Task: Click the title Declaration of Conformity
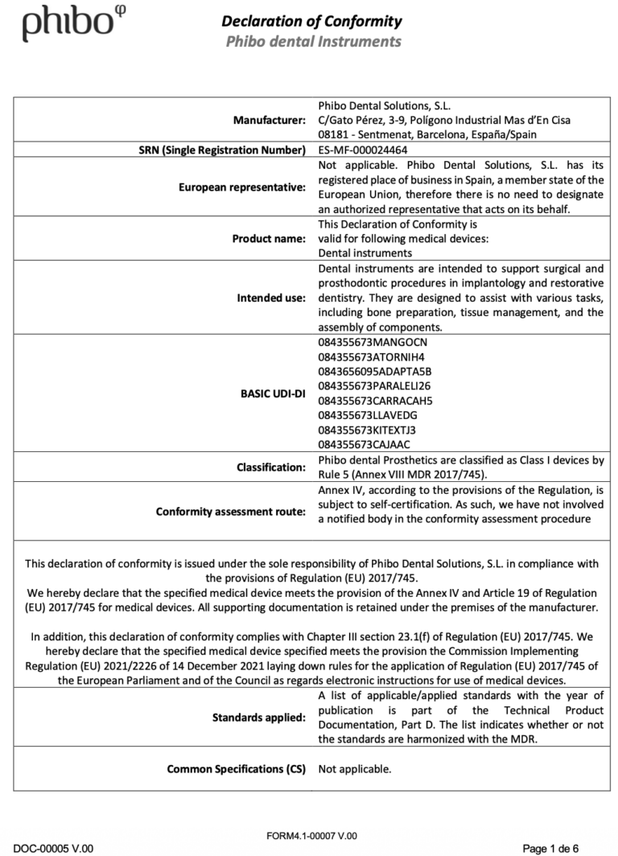click(x=311, y=21)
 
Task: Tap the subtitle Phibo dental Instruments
click(x=311, y=40)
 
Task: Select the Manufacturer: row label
click(x=269, y=121)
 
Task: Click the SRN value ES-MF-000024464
click(x=362, y=150)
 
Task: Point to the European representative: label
click(x=242, y=187)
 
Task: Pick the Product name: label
click(x=269, y=238)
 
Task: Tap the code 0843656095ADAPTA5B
click(x=375, y=371)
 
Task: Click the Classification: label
click(x=271, y=467)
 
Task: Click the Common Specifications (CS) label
click(x=237, y=768)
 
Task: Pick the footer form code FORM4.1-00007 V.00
click(x=311, y=836)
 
